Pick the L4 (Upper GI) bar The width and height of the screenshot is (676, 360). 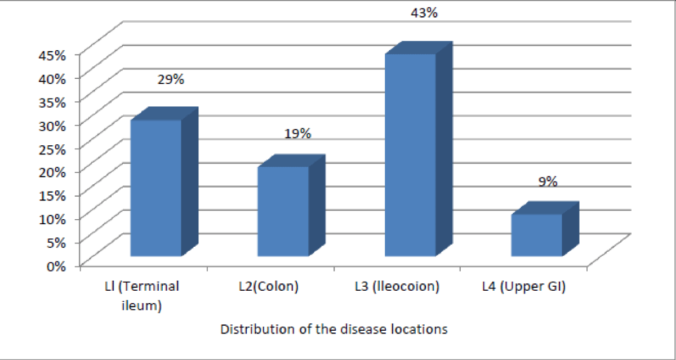pos(537,235)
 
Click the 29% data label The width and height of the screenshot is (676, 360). pos(171,79)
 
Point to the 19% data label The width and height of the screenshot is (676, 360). pos(297,134)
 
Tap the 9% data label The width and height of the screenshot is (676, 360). pos(548,181)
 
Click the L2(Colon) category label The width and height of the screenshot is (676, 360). pos(269,286)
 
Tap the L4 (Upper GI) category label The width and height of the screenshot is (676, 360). pos(524,286)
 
